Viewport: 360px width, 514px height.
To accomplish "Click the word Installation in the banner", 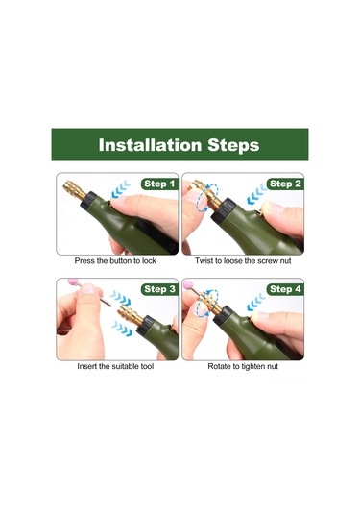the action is [150, 145].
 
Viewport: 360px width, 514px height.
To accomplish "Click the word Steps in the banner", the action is [233, 145].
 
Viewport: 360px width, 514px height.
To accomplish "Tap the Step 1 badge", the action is [159, 184].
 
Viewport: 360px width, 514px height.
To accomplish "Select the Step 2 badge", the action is [285, 184].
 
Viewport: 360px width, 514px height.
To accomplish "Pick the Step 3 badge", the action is [159, 289].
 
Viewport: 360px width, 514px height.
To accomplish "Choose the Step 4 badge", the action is [285, 289].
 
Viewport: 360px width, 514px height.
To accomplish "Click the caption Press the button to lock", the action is [115, 261].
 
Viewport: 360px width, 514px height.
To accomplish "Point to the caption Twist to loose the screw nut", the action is [243, 261].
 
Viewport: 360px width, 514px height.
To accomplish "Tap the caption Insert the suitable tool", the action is [115, 366].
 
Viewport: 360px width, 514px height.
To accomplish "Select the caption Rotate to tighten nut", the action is [243, 366].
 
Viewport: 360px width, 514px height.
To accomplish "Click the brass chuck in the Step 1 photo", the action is [74, 190].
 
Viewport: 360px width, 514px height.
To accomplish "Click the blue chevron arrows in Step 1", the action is [120, 189].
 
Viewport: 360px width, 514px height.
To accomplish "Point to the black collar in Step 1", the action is [88, 200].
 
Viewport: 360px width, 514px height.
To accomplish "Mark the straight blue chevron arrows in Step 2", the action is [256, 194].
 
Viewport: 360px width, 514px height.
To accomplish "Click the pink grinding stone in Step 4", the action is [188, 284].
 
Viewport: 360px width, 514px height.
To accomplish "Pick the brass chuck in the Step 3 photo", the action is [130, 314].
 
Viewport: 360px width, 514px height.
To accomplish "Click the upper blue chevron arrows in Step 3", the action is [121, 298].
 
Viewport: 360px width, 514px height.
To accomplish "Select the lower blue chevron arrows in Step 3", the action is [122, 329].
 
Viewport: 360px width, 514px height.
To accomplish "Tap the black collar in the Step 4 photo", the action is [223, 315].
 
